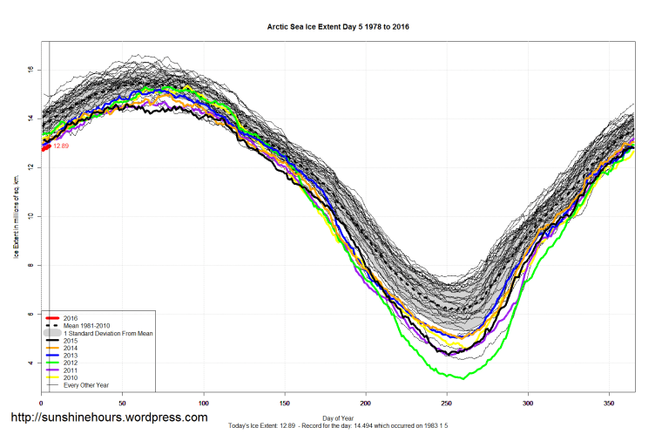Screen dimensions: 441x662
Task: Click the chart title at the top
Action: point(338,27)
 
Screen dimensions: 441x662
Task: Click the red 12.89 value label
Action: point(60,146)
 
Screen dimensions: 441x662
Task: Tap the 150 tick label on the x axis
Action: point(285,403)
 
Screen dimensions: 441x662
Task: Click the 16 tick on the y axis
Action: point(30,69)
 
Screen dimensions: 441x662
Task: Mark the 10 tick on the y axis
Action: point(30,216)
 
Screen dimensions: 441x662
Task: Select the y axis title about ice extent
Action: point(16,215)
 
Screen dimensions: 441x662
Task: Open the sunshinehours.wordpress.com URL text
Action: point(108,417)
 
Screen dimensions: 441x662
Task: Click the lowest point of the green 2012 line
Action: point(462,378)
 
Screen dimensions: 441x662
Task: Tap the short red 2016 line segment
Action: point(45,146)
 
